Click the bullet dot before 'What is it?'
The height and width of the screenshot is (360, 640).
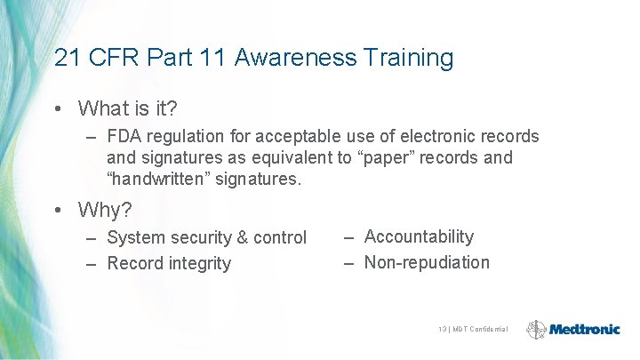(58, 109)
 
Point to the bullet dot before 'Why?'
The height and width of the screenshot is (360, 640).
(58, 211)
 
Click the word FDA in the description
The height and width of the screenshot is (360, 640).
(124, 137)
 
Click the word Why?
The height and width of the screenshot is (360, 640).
(105, 211)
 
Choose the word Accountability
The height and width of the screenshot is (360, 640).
(419, 237)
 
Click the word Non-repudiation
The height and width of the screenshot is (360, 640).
(427, 262)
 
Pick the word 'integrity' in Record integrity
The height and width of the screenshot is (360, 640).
(200, 264)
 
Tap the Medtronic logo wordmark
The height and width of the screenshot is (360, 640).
(585, 329)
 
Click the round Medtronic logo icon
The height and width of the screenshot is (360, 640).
(536, 329)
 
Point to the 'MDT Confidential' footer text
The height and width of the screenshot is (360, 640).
(480, 330)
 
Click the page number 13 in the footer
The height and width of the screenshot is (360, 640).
(443, 330)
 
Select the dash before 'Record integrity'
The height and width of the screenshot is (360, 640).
(92, 263)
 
